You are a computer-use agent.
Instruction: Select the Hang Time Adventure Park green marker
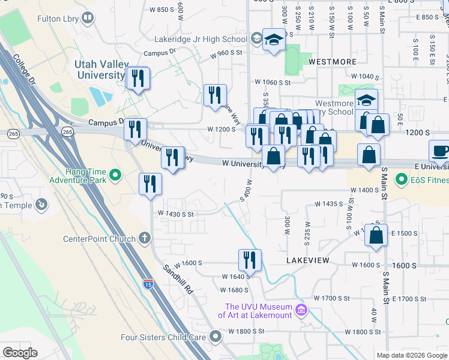click(116, 176)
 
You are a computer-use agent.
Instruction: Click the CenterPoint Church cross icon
click(144, 238)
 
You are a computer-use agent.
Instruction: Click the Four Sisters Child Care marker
click(216, 337)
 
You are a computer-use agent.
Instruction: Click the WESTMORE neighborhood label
click(332, 62)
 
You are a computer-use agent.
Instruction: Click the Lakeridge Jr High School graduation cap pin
click(274, 40)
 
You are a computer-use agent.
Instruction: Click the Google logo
click(20, 353)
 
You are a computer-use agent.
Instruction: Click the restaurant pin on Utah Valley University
click(138, 78)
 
